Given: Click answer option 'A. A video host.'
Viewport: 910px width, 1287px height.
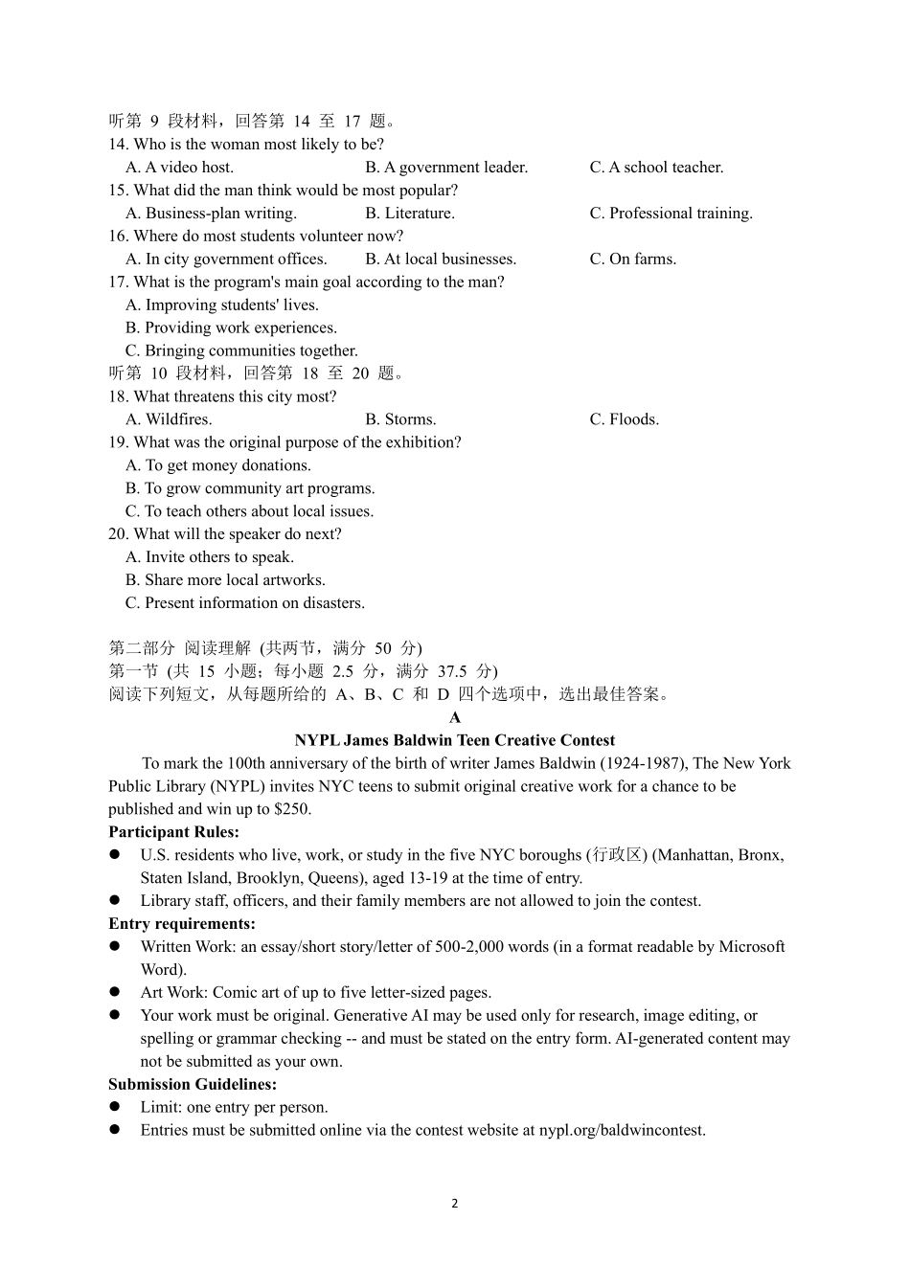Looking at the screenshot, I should pyautogui.click(x=179, y=168).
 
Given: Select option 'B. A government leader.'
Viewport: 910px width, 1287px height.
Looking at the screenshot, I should pyautogui.click(x=446, y=168).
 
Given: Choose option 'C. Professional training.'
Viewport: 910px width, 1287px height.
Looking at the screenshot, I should pyautogui.click(x=671, y=214).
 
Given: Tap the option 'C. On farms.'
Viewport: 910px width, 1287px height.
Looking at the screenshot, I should pyautogui.click(x=632, y=260).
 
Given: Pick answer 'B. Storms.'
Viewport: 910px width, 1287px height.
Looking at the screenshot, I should pyautogui.click(x=400, y=419).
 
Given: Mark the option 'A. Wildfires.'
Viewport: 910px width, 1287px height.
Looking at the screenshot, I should pyautogui.click(x=169, y=419).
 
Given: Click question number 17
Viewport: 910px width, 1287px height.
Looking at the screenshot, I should pyautogui.click(x=118, y=282).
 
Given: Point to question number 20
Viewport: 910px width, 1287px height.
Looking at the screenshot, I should pyautogui.click(x=118, y=534).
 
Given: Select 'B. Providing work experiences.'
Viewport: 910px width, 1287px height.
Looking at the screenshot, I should pyautogui.click(x=231, y=328).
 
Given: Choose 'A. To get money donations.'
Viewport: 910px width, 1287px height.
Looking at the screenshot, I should pyautogui.click(x=218, y=465).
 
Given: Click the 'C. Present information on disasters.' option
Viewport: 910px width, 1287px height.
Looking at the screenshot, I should pyautogui.click(x=244, y=603).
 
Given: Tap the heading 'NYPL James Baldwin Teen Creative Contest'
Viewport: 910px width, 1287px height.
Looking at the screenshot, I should pyautogui.click(x=455, y=740).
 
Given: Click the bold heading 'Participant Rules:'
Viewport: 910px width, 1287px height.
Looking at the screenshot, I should pyautogui.click(x=173, y=832).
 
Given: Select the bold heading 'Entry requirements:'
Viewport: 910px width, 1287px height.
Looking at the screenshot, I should pyautogui.click(x=182, y=924).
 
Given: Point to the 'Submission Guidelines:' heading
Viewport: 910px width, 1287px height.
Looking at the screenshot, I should pyautogui.click(x=193, y=1085).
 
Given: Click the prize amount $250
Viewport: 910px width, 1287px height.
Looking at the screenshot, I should pyautogui.click(x=291, y=809).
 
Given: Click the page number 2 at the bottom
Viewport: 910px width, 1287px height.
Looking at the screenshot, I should pyautogui.click(x=455, y=1204).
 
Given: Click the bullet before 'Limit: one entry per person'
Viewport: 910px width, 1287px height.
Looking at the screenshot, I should pyautogui.click(x=114, y=1107).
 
